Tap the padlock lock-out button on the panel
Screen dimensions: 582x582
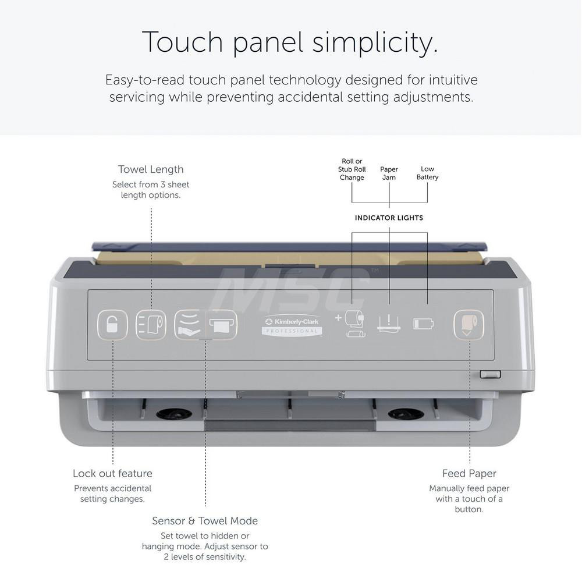112,325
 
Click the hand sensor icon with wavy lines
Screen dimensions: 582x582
189,325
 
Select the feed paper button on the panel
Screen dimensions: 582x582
469,325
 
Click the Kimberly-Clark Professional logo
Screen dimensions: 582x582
292,327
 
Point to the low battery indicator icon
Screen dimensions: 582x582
424,324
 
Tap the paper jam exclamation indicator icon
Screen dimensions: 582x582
389,323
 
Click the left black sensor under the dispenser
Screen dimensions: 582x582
174,414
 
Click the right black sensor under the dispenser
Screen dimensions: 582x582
406,414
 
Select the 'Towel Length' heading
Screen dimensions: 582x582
151,169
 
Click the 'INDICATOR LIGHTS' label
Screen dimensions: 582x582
389,218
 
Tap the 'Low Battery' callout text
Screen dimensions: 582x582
427,173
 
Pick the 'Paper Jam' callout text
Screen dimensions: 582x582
389,173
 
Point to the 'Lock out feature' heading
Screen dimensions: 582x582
112,473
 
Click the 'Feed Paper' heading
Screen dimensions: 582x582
469,473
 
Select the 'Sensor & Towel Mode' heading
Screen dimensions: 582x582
205,521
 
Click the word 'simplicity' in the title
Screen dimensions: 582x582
375,42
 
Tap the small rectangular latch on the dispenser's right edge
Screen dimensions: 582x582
490,374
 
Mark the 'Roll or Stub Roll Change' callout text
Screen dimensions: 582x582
352,169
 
